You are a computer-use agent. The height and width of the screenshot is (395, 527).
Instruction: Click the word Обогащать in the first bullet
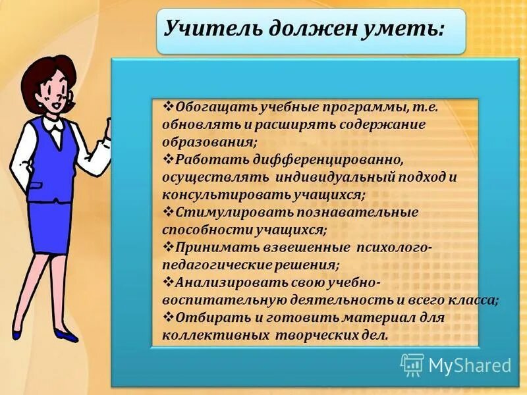[x=208, y=107]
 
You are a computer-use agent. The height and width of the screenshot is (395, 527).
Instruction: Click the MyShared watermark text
[x=469, y=365]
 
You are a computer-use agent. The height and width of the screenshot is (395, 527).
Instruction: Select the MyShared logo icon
[x=412, y=364]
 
